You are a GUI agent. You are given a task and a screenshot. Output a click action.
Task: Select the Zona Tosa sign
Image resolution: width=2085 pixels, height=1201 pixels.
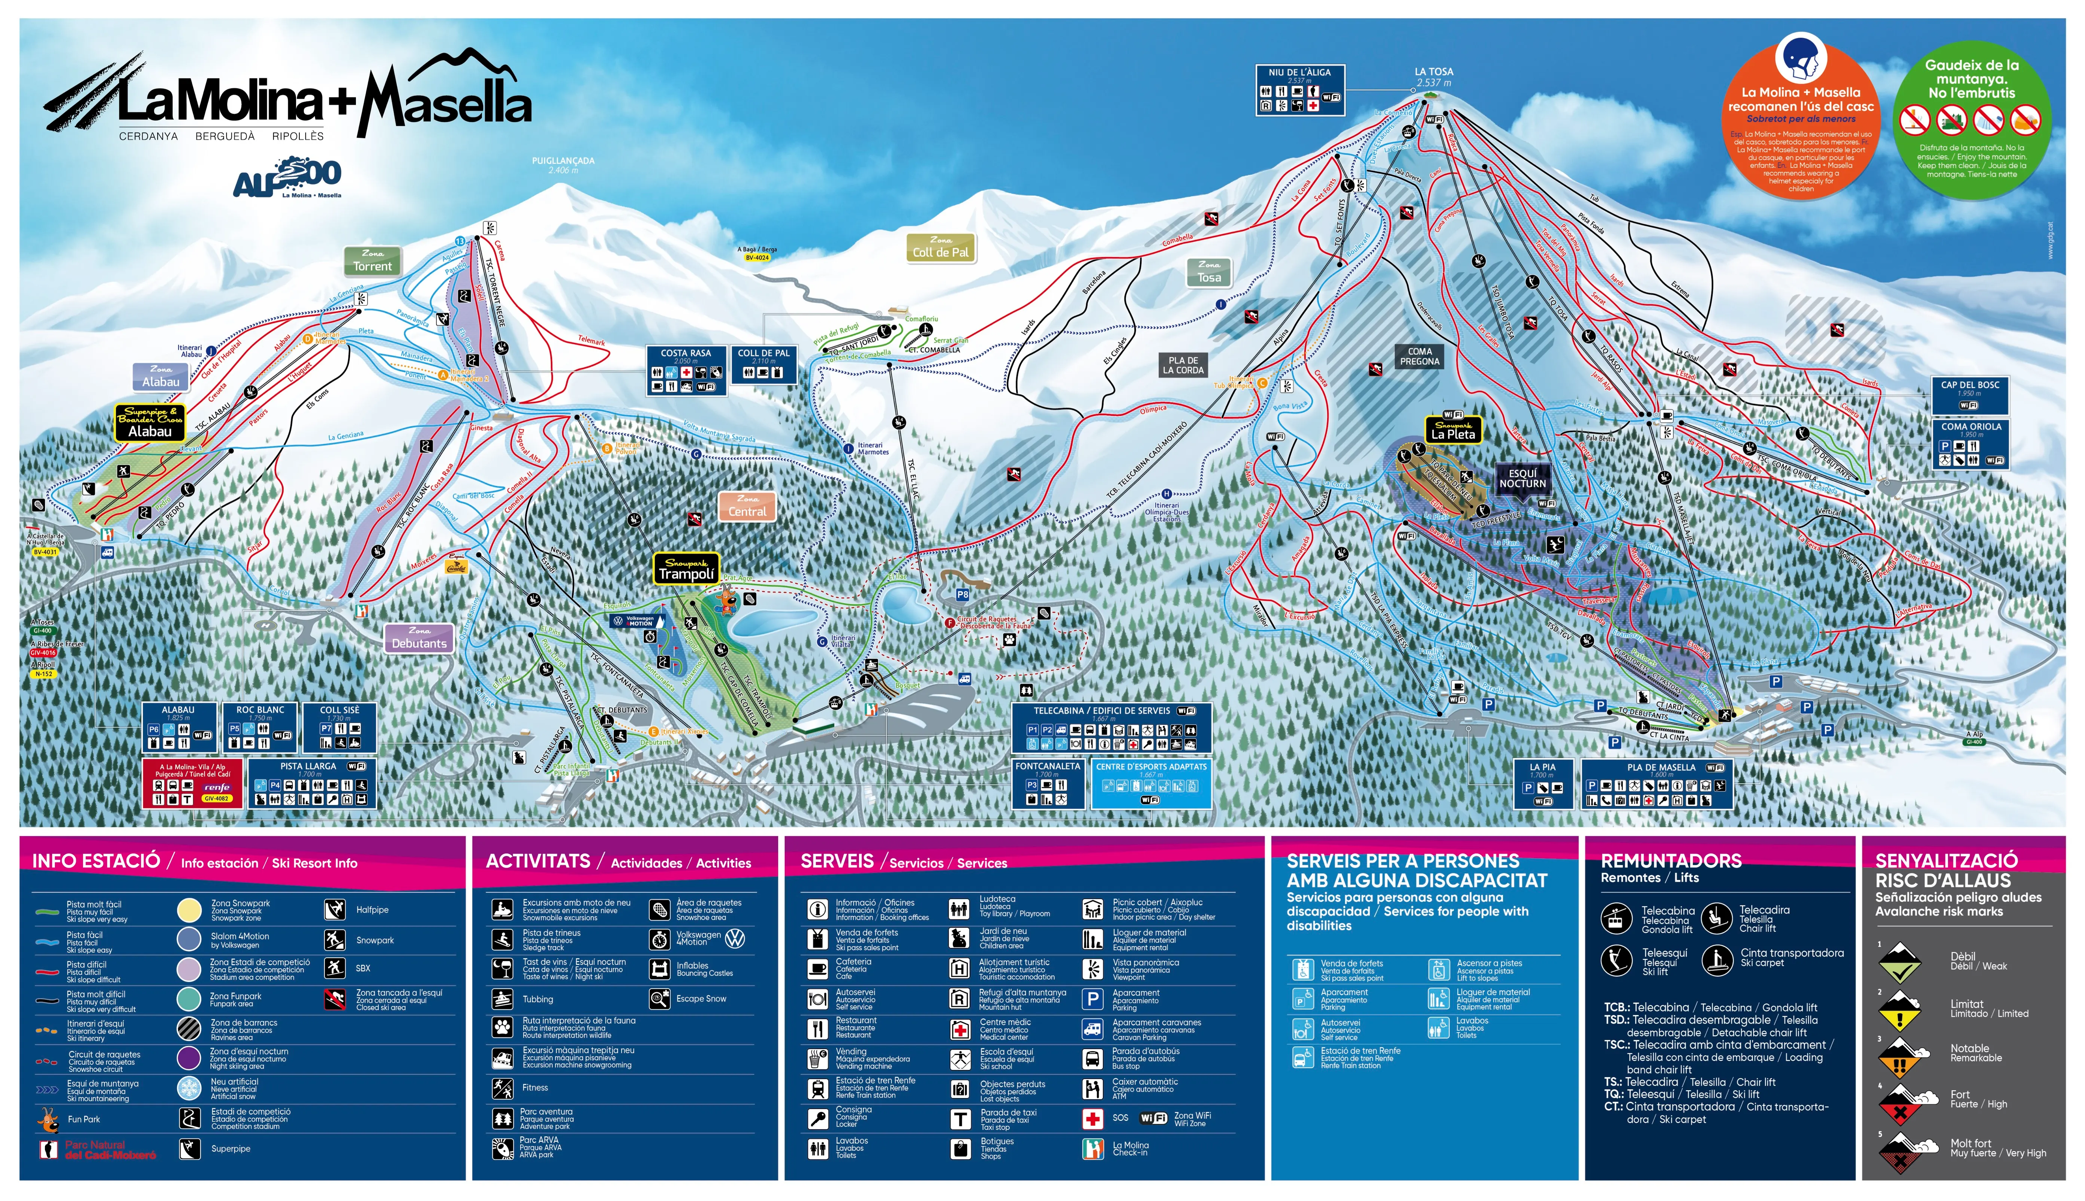[x=1209, y=272]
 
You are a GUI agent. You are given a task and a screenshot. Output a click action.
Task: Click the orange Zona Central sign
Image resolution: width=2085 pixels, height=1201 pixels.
[x=747, y=506]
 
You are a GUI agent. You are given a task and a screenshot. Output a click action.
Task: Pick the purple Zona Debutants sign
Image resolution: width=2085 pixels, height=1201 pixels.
[x=419, y=638]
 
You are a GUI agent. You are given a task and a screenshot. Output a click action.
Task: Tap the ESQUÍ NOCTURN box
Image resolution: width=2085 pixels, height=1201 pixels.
[x=1522, y=478]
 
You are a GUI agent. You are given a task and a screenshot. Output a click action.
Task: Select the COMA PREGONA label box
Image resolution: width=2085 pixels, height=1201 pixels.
[x=1420, y=356]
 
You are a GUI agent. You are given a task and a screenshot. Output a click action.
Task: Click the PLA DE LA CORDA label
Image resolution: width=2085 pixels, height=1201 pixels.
[x=1183, y=365]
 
